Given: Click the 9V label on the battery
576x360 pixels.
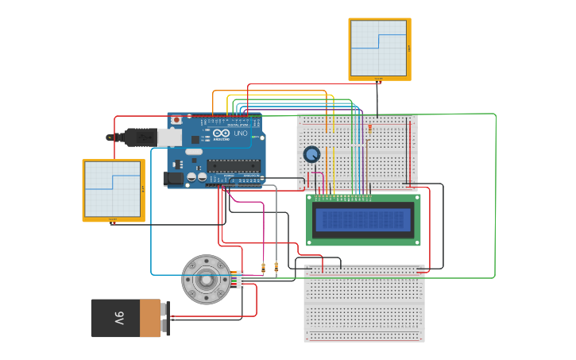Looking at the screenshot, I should [119, 318].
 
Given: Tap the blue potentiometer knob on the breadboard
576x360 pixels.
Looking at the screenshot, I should [311, 154].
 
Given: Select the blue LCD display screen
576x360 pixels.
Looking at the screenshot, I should [364, 219].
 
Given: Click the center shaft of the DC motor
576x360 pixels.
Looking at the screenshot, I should [206, 279].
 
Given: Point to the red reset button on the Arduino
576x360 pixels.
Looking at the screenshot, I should [176, 120].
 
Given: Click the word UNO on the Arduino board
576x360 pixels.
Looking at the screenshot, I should [240, 134].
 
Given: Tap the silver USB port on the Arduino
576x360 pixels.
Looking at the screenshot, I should [170, 137].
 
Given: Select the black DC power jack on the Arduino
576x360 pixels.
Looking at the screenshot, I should [171, 180].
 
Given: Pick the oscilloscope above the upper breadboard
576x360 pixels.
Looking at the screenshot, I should [379, 48].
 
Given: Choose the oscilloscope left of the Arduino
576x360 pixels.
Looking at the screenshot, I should [113, 190].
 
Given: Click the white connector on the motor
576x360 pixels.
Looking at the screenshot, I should [240, 280].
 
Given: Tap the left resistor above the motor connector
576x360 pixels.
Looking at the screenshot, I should [263, 267].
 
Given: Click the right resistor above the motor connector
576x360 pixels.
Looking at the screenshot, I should [276, 267].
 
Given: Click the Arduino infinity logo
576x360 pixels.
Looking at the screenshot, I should [222, 134].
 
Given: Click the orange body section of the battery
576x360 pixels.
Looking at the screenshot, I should [150, 318].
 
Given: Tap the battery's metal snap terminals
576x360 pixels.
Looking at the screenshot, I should [165, 318].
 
